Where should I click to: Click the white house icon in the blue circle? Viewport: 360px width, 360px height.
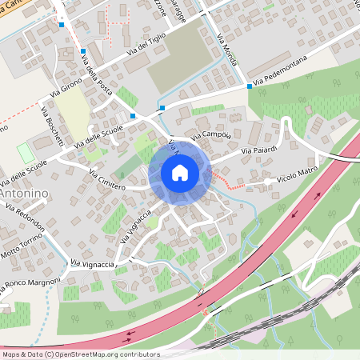(x=179, y=173)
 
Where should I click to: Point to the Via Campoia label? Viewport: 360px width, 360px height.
(x=212, y=136)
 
